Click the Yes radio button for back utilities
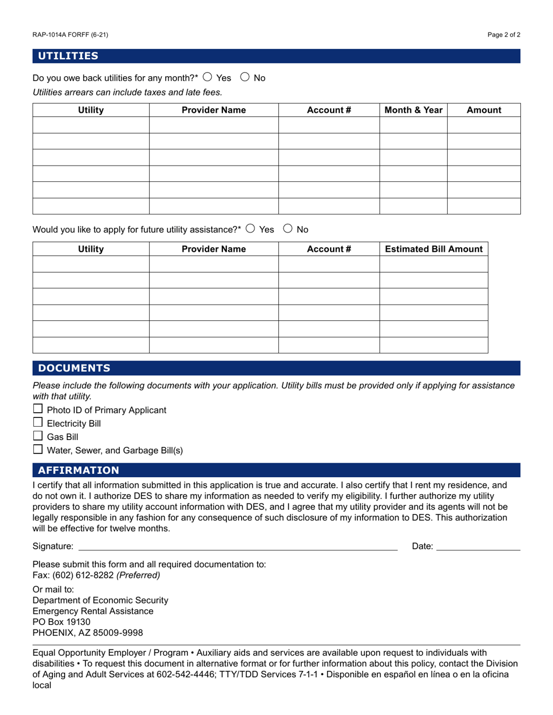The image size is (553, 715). click(208, 77)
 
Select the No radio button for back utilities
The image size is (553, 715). click(245, 77)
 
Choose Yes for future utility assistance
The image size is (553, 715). click(250, 228)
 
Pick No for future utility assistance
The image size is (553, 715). click(288, 228)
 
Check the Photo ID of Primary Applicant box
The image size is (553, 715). click(38, 409)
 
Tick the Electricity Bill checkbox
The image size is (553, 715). click(38, 423)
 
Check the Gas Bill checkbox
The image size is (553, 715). click(38, 436)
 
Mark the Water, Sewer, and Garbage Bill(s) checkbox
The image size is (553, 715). click(38, 449)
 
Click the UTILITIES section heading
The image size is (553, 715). click(68, 56)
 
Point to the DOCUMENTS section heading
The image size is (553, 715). click(74, 368)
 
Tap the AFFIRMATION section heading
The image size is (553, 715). click(79, 470)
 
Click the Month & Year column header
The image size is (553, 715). click(413, 110)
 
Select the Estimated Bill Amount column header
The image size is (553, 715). click(434, 249)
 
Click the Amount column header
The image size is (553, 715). click(484, 110)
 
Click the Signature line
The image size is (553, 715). click(237, 546)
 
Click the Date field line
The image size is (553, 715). click(478, 546)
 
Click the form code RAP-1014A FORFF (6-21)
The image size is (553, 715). click(70, 35)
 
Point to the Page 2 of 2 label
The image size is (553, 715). click(504, 35)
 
